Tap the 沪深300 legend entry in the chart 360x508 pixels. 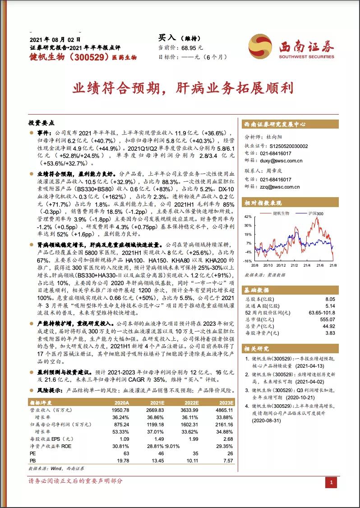pyautogui.click(x=316, y=213)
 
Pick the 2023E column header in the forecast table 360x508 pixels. pyautogui.click(x=226, y=402)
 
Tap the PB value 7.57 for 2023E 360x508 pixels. pyautogui.click(x=228, y=461)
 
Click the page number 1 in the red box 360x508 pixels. pyautogui.click(x=331, y=483)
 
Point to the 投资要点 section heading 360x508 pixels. pyautogui.click(x=41, y=123)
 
